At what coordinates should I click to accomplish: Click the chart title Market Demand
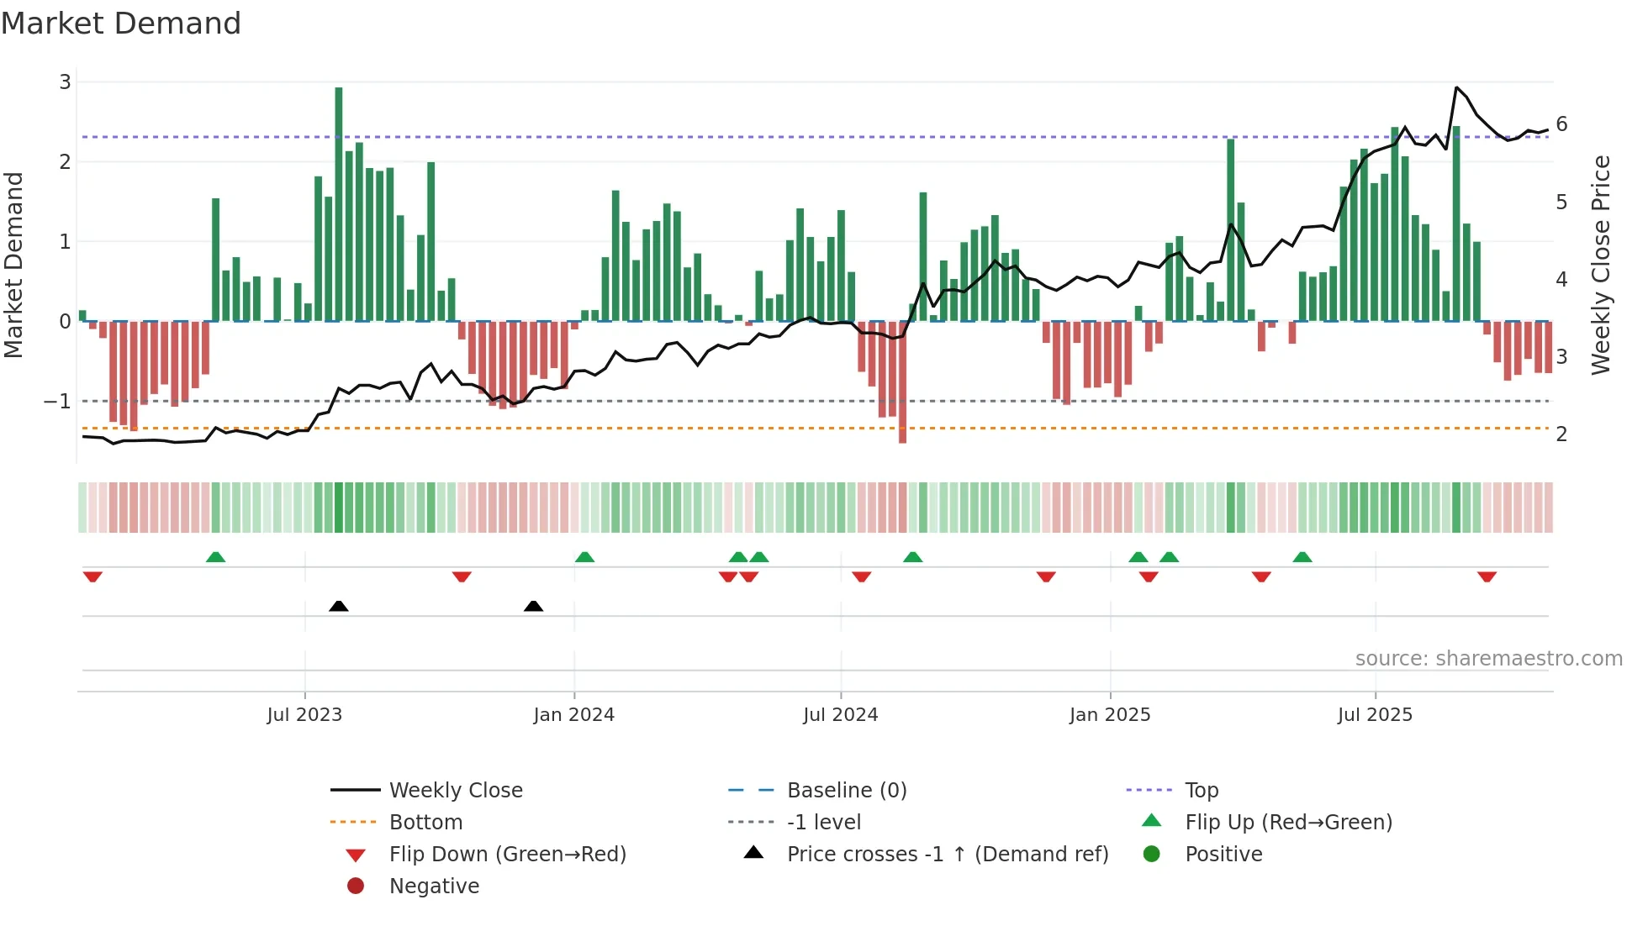(121, 24)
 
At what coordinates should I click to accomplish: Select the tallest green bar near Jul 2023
(339, 202)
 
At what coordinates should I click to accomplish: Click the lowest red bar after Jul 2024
(902, 382)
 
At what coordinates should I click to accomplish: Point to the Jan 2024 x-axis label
(573, 715)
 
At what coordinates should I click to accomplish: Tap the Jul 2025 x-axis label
(1375, 715)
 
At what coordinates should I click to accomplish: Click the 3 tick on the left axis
(65, 82)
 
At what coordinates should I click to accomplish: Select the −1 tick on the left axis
(58, 402)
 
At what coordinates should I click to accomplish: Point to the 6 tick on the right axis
(1561, 124)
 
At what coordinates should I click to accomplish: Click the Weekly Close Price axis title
(1601, 265)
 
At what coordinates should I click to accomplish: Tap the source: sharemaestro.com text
(1488, 659)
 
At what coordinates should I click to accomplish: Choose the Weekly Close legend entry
(455, 791)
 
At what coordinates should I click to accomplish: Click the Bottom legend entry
(425, 823)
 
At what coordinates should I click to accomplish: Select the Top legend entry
(1201, 791)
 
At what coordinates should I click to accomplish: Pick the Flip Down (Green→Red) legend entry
(507, 855)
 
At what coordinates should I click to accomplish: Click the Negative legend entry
(434, 887)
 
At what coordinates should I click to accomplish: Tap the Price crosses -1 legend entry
(947, 855)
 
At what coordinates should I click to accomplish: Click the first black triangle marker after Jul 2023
(339, 606)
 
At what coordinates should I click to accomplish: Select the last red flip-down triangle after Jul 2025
(1487, 576)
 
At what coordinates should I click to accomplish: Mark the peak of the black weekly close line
(1456, 87)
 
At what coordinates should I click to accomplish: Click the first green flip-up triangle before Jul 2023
(215, 557)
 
